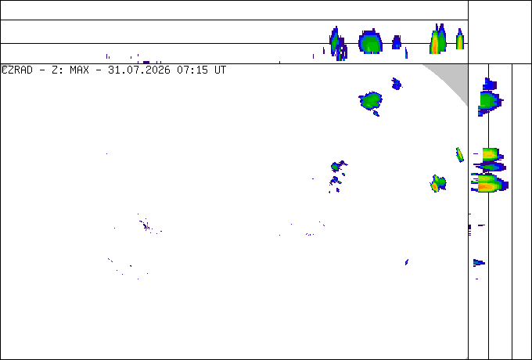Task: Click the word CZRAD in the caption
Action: (17, 70)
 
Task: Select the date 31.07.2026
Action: (139, 70)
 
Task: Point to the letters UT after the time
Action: (220, 70)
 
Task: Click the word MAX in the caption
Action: (79, 70)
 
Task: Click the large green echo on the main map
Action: (371, 102)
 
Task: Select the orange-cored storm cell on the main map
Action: (438, 184)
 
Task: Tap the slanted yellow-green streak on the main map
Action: (460, 155)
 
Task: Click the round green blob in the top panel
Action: (371, 41)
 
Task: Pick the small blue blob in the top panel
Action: (397, 42)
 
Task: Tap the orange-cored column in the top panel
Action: (438, 39)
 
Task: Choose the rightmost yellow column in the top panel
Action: (460, 39)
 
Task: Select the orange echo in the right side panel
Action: (488, 184)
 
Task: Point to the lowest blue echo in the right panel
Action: (479, 262)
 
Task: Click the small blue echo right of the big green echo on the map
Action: (397, 84)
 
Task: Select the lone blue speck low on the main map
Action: (407, 262)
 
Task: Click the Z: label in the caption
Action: (58, 70)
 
